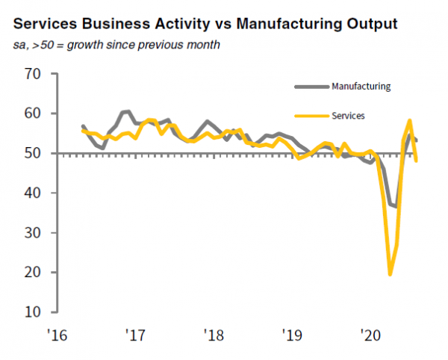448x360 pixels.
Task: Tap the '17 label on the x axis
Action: pos(135,332)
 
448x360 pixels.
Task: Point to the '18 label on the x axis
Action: pos(212,332)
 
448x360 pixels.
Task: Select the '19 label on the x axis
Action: pos(290,332)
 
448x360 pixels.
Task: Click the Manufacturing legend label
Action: pos(360,87)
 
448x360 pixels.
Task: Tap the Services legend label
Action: pos(349,117)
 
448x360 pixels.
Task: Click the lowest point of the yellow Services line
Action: pos(390,274)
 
